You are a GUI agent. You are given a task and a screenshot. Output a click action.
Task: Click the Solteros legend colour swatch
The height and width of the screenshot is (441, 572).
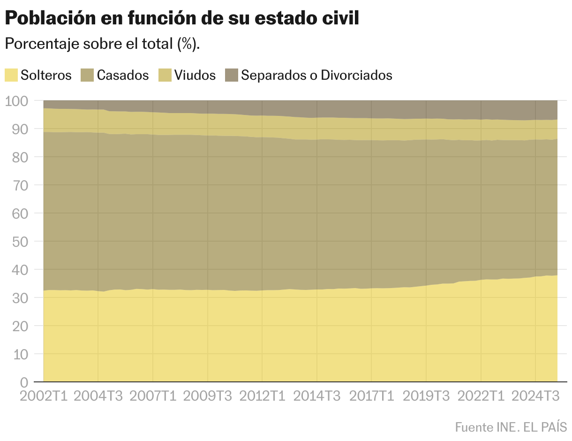(x=11, y=75)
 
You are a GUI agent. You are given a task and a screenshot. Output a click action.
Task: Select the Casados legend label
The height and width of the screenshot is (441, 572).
(x=122, y=75)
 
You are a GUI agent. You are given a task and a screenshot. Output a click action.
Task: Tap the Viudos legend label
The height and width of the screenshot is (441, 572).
(x=195, y=75)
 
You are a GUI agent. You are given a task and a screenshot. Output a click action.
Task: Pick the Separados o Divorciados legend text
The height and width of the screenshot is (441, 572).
(x=316, y=75)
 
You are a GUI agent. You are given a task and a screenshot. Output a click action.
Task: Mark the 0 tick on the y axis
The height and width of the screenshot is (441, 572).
(x=24, y=382)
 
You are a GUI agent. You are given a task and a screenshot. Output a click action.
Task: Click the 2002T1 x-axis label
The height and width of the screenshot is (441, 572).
(x=44, y=396)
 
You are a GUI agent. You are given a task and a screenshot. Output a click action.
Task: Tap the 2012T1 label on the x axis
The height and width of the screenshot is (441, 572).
(x=262, y=396)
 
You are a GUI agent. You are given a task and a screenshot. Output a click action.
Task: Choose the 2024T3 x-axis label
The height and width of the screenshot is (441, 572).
(x=535, y=396)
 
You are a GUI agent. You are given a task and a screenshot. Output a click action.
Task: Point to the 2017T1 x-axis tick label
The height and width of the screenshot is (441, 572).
(x=372, y=396)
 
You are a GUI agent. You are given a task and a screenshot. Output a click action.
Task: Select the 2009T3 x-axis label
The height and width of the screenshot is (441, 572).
(x=207, y=396)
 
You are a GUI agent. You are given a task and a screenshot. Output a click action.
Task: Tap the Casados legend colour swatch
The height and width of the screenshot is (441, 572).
(x=88, y=75)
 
